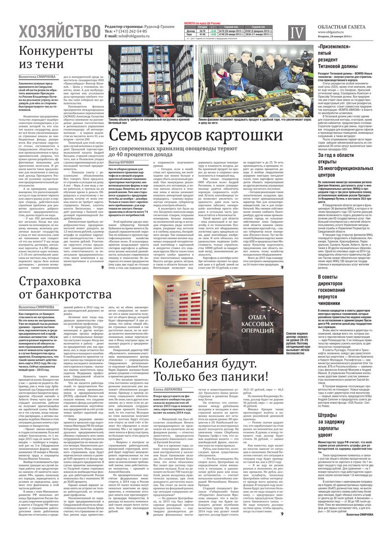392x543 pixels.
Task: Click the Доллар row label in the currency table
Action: tap(191, 31)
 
